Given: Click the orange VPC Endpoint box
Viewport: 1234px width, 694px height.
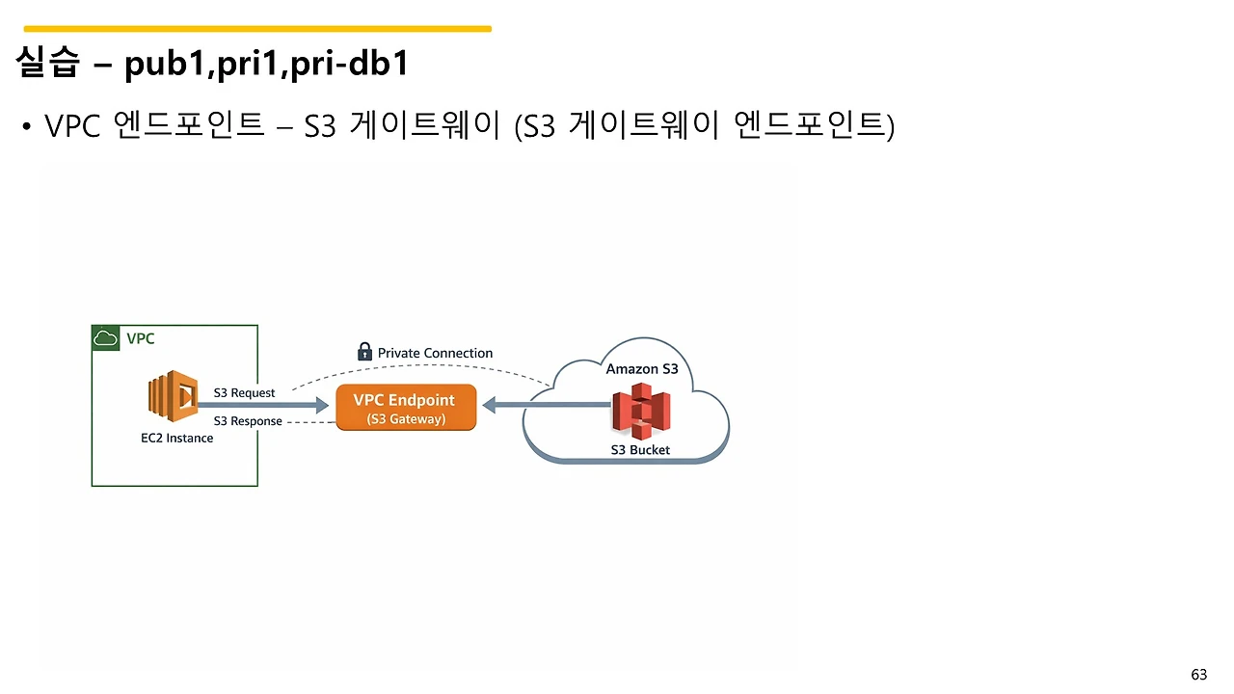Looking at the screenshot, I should point(406,408).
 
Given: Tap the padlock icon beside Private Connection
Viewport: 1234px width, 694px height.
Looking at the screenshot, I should point(364,352).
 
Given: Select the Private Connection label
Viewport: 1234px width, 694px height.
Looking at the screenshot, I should point(435,354).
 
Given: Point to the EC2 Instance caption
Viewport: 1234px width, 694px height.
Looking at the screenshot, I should point(177,438).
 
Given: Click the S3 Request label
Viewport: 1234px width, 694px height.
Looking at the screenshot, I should point(244,393).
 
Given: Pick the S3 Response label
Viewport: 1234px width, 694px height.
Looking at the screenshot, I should point(248,421).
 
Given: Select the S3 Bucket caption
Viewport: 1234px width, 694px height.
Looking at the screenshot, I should point(640,450).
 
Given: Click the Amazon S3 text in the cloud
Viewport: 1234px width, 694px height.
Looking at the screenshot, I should point(642,369).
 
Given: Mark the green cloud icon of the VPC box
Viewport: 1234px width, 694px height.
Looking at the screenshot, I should point(105,338).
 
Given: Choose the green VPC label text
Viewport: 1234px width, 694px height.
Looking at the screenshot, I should point(141,338).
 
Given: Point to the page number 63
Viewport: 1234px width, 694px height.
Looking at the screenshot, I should point(1199,675).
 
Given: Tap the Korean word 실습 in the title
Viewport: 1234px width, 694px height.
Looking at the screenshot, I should point(47,63).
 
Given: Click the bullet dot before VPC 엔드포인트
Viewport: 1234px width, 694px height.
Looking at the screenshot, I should point(28,127).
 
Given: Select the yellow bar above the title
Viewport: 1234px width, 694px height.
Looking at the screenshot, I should point(257,29).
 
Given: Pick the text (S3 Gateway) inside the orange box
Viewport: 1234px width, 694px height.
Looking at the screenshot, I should point(406,419).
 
